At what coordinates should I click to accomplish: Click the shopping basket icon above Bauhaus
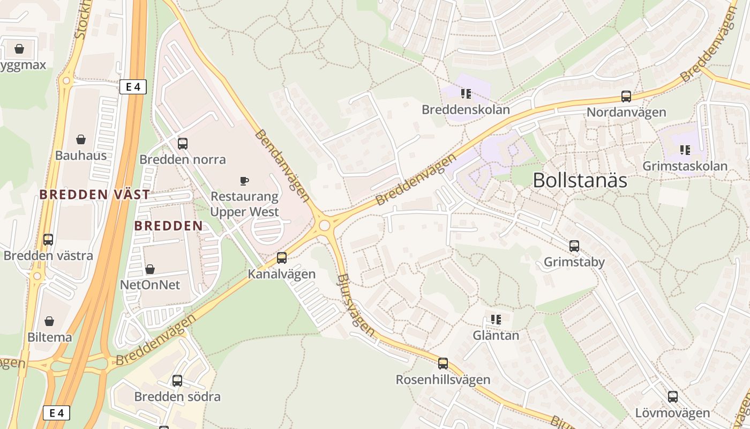(81, 139)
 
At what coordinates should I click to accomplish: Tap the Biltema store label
(50, 337)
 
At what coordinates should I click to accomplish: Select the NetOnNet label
(150, 284)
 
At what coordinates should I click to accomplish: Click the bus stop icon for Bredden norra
(183, 143)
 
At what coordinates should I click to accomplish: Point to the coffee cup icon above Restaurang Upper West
(244, 181)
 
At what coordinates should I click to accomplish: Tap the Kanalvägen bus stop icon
(282, 258)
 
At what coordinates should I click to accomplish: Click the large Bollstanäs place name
(580, 181)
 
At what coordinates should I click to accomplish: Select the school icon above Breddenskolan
(466, 94)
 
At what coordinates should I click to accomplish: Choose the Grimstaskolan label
(685, 166)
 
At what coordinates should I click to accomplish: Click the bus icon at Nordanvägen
(626, 97)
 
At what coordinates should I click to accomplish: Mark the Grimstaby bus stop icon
(574, 246)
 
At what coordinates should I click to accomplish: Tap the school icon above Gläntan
(496, 320)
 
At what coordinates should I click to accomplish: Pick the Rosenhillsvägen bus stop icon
(443, 364)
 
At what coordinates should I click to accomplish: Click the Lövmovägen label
(672, 413)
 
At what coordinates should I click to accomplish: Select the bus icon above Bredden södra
(177, 381)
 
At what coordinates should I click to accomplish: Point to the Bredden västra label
(48, 255)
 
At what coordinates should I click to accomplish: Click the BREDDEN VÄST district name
(95, 194)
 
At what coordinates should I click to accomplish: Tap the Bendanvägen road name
(282, 165)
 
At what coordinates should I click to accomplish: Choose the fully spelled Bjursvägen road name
(356, 305)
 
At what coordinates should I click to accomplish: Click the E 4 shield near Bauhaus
(133, 87)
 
